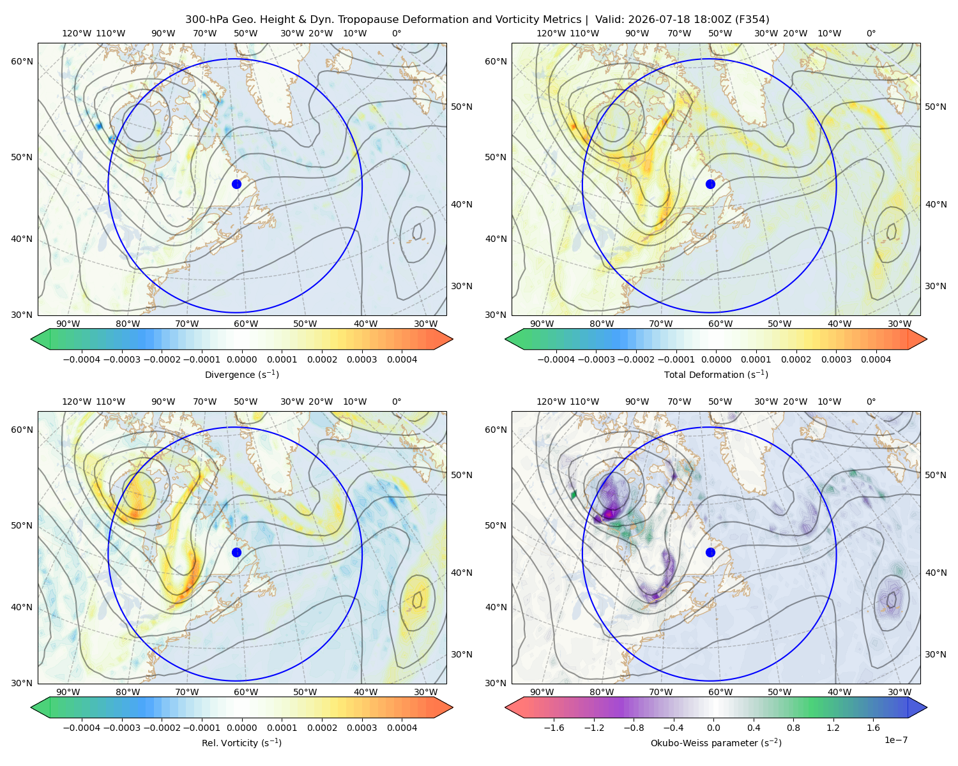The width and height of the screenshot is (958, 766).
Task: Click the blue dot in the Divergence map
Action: pyautogui.click(x=236, y=184)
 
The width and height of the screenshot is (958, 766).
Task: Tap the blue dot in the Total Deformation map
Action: pyautogui.click(x=710, y=184)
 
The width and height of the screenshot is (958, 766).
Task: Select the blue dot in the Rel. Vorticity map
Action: pyautogui.click(x=236, y=552)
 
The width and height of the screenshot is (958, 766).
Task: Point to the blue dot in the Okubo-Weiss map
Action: pyautogui.click(x=710, y=552)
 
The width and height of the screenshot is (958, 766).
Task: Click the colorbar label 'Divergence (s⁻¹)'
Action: pyautogui.click(x=241, y=374)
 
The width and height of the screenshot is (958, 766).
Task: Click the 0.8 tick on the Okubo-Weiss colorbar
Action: pyautogui.click(x=793, y=728)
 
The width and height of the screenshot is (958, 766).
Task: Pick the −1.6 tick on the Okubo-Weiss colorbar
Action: pyautogui.click(x=554, y=728)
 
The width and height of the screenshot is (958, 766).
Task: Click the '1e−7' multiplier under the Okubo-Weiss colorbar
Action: pyautogui.click(x=895, y=740)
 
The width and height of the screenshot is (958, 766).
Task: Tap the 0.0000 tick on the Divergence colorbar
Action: pyautogui.click(x=241, y=359)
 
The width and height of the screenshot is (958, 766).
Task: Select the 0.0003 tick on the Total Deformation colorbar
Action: pyautogui.click(x=836, y=359)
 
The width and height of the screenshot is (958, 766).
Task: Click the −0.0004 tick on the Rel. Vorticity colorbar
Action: pyautogui.click(x=82, y=728)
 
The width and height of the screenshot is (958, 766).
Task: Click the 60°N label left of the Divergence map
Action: pyautogui.click(x=22, y=61)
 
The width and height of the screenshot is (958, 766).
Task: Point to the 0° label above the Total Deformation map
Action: pyautogui.click(x=871, y=33)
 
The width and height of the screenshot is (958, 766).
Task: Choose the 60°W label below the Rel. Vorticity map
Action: pyautogui.click(x=246, y=692)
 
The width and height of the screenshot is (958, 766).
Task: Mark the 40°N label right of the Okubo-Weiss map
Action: pyautogui.click(x=936, y=573)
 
